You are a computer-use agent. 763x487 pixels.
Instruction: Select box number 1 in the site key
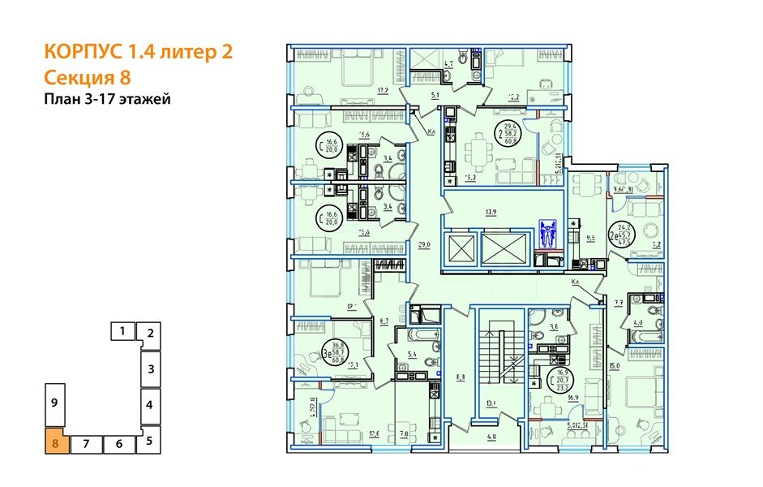point(122,330)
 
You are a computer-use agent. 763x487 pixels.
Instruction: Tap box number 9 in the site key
point(53,403)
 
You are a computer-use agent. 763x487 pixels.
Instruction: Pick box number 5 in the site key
point(149,442)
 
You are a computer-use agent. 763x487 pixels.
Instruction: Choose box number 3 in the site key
point(150,368)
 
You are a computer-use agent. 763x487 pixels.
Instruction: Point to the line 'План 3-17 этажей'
point(106,100)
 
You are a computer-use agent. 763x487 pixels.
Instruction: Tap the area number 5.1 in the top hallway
point(434,94)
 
